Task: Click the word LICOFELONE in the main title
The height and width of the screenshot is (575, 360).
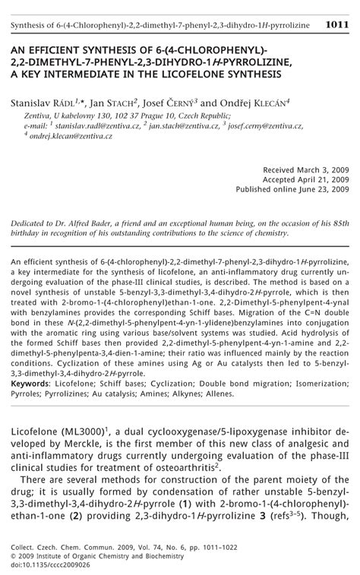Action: click(x=203, y=74)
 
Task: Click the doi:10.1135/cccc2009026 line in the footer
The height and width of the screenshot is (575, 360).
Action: click(x=52, y=564)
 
